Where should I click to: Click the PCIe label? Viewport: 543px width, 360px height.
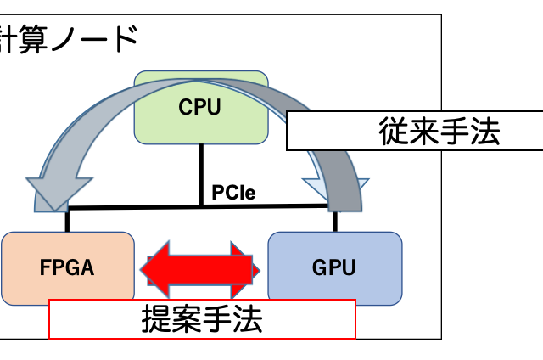click(234, 193)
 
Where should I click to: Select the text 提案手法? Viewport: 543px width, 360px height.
click(202, 320)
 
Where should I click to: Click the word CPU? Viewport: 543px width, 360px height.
click(200, 108)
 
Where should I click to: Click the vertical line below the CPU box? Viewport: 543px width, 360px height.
click(201, 174)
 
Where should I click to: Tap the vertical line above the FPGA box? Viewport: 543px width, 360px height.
click(68, 220)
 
